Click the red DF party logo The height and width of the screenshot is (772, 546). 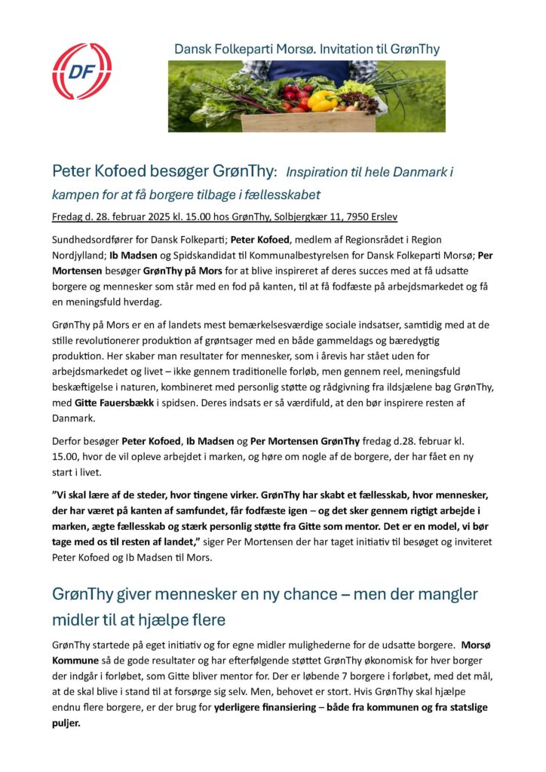click(81, 72)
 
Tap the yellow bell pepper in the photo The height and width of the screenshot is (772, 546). click(324, 101)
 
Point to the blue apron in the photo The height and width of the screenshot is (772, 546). click(309, 71)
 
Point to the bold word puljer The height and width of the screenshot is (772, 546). click(66, 721)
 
